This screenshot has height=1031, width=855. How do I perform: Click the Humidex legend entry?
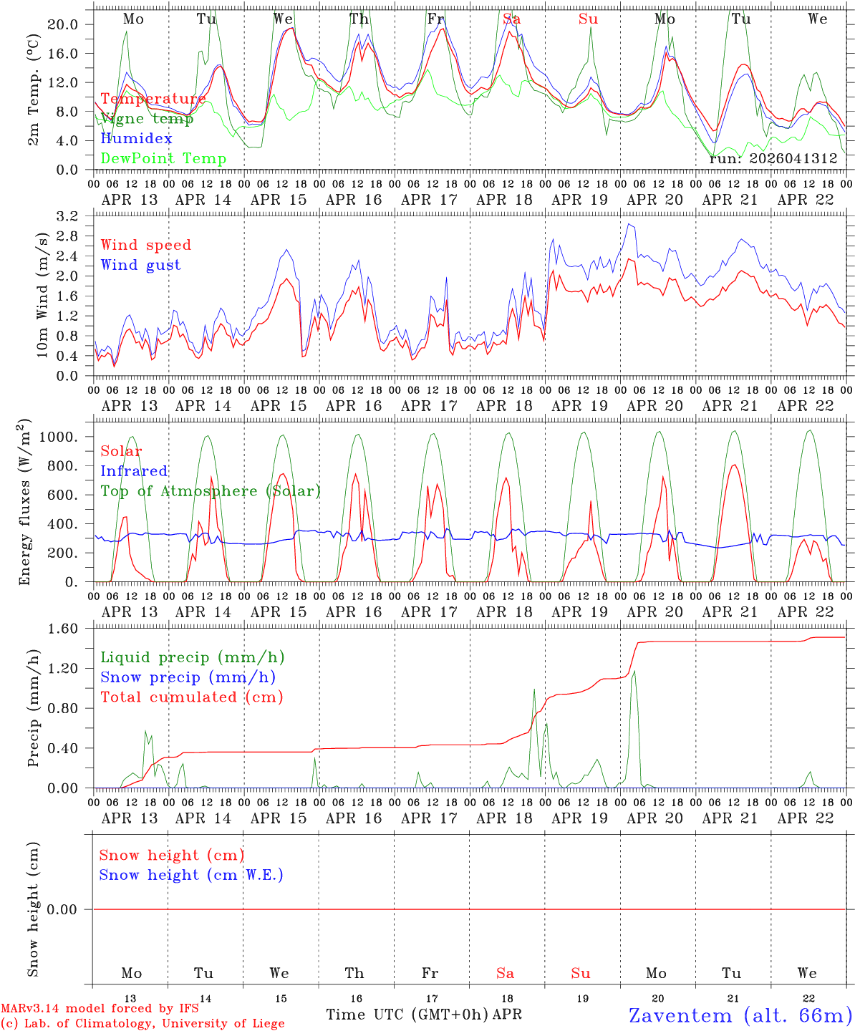pyautogui.click(x=136, y=139)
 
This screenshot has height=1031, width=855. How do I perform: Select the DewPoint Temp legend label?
pyautogui.click(x=163, y=159)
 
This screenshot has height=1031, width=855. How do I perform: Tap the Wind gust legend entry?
pyautogui.click(x=140, y=265)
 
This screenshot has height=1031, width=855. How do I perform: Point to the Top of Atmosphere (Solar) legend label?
pyautogui.click(x=210, y=491)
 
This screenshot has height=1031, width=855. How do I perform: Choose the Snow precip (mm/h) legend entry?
pyautogui.click(x=188, y=677)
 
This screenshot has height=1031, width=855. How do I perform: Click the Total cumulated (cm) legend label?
pyautogui.click(x=191, y=697)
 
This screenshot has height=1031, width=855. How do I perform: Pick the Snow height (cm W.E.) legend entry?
pyautogui.click(x=191, y=875)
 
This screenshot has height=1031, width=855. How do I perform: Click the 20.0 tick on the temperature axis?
pyautogui.click(x=62, y=24)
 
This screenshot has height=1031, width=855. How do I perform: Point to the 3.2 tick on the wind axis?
pyautogui.click(x=67, y=216)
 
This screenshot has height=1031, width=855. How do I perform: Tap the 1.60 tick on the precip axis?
pyautogui.click(x=62, y=629)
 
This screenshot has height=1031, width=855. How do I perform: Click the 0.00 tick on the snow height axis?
pyautogui.click(x=62, y=909)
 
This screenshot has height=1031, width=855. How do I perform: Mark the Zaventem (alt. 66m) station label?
pyautogui.click(x=740, y=1015)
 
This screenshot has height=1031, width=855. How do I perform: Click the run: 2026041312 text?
pyautogui.click(x=773, y=159)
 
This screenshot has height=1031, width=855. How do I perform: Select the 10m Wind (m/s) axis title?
pyautogui.click(x=42, y=294)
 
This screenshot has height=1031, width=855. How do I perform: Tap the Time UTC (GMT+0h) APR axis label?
pyautogui.click(x=424, y=1015)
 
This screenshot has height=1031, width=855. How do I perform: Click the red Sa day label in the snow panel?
pyautogui.click(x=506, y=973)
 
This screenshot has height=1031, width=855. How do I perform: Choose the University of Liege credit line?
pyautogui.click(x=142, y=1024)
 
